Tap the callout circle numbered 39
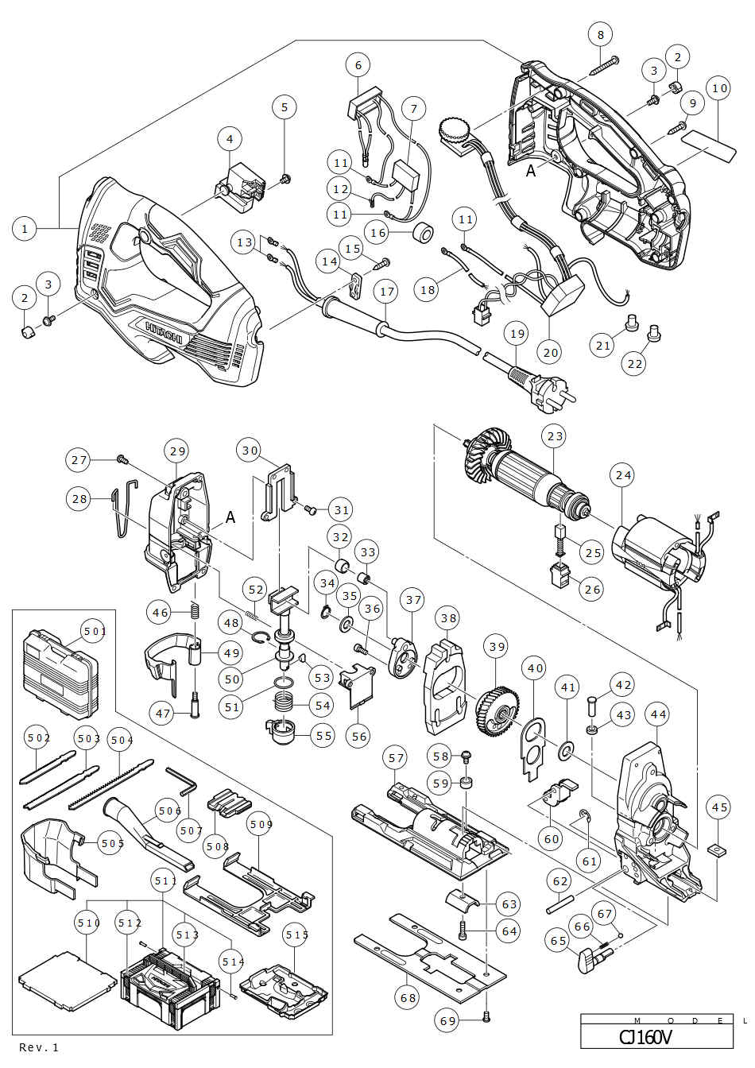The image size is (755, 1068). [x=497, y=647]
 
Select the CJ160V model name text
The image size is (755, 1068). [x=645, y=1037]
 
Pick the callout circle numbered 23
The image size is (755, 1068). [x=555, y=435]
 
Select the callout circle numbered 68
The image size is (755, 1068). [x=408, y=997]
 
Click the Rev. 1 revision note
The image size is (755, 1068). [x=40, y=1047]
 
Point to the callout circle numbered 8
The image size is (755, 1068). [x=601, y=35]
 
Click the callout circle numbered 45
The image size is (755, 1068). [x=718, y=807]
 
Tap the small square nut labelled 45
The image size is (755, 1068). [x=718, y=849]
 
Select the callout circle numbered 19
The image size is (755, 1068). [x=517, y=335]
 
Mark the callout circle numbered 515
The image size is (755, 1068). [x=296, y=935]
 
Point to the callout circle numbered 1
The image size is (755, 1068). [x=25, y=229]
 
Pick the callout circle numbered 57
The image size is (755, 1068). [x=397, y=759]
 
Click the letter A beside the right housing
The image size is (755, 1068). [x=530, y=169]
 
